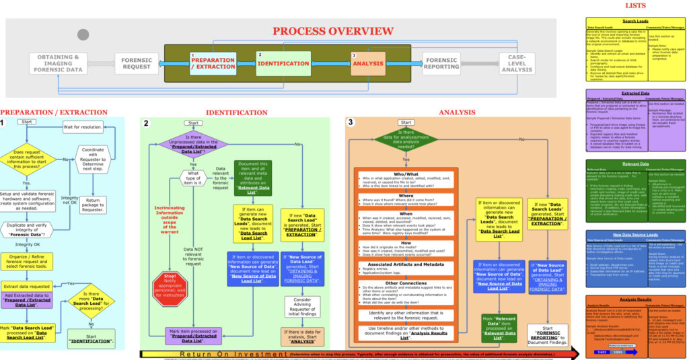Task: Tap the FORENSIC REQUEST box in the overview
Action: coord(137,63)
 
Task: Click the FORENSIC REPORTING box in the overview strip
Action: coord(441,63)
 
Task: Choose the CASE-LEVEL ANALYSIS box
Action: coord(517,63)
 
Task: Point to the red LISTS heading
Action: coord(634,5)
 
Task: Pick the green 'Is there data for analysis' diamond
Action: coord(406,141)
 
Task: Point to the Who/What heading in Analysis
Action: coord(406,173)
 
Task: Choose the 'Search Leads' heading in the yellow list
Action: coord(634,22)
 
